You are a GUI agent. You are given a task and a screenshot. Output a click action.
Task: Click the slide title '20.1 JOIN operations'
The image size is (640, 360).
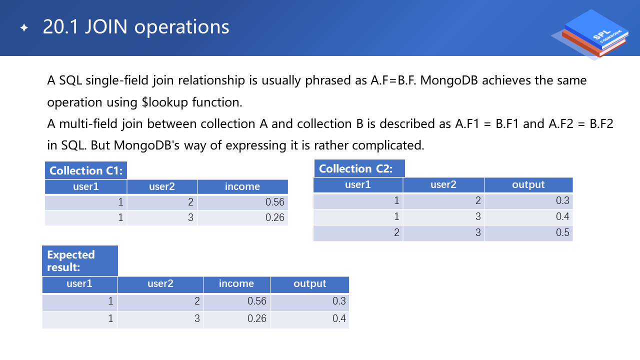coord(136,27)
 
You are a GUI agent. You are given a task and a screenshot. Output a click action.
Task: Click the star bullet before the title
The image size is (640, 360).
coord(24,27)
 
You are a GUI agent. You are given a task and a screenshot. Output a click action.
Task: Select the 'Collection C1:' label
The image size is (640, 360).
coord(86,170)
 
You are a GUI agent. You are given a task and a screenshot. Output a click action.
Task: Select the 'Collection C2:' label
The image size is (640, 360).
coord(359,168)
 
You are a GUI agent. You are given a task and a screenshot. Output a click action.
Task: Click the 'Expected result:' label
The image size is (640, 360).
coord(80,261)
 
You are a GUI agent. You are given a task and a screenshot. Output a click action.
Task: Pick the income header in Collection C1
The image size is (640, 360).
coord(242,186)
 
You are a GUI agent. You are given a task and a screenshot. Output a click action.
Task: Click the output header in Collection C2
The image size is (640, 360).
coord(528,185)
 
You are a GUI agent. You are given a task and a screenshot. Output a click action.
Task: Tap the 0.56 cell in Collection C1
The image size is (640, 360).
coord(242,202)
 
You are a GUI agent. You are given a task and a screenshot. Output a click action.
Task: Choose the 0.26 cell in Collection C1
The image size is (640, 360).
coord(242,217)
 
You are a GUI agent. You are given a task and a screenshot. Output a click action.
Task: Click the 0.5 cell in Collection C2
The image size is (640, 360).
coord(528,232)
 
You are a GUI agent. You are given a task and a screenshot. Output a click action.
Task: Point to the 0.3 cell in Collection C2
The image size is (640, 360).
coord(528,200)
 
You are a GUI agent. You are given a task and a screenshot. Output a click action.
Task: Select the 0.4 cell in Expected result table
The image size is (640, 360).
coord(309,318)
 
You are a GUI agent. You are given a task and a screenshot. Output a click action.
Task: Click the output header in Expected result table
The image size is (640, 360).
coord(309,283)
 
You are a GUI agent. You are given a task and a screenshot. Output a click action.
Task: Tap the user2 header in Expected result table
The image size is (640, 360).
coord(160,283)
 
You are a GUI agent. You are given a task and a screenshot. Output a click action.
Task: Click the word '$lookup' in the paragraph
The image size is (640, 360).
coord(165,102)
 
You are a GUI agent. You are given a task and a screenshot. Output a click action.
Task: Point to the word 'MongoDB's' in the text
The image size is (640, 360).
coord(146,145)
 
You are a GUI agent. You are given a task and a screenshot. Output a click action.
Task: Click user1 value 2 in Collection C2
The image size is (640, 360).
coord(358,232)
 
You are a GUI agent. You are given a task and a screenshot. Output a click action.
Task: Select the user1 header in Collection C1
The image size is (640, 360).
coord(86,186)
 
